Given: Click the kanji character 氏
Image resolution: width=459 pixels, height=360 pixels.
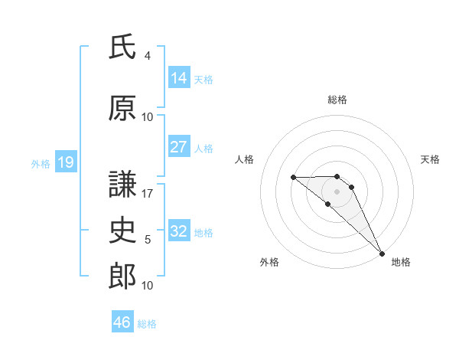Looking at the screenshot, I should coord(122,47).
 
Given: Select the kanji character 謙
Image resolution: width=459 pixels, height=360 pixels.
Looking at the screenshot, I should coord(122,185).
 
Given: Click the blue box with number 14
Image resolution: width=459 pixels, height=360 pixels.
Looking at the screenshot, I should coord(178,78).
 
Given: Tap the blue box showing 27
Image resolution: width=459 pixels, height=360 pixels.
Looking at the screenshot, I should coord(178,147).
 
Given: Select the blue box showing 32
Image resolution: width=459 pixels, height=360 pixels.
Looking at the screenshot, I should coord(178,231).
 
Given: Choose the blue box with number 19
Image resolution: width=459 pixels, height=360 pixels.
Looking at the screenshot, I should coord(65,162).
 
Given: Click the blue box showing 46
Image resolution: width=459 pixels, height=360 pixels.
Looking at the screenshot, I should coord(122,322).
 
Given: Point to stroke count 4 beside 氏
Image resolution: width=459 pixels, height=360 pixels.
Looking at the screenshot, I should coord(148,56).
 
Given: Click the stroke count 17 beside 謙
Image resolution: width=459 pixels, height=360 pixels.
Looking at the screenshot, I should coord(148,194).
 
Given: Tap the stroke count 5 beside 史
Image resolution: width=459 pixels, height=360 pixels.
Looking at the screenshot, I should coord(148,240).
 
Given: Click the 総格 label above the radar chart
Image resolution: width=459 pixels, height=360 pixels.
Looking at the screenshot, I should coord(337,100).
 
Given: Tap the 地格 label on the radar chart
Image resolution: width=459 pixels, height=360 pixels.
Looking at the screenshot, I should coord(401,262).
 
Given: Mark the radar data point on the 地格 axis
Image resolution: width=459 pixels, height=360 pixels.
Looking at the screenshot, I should coord(382,253).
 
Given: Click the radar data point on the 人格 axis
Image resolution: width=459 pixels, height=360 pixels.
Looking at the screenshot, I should coord(294,178).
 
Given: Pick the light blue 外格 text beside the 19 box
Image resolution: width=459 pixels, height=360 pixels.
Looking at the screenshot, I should coord(41,163).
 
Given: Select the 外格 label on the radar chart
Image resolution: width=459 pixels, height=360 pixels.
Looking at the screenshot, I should coord(269,262).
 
